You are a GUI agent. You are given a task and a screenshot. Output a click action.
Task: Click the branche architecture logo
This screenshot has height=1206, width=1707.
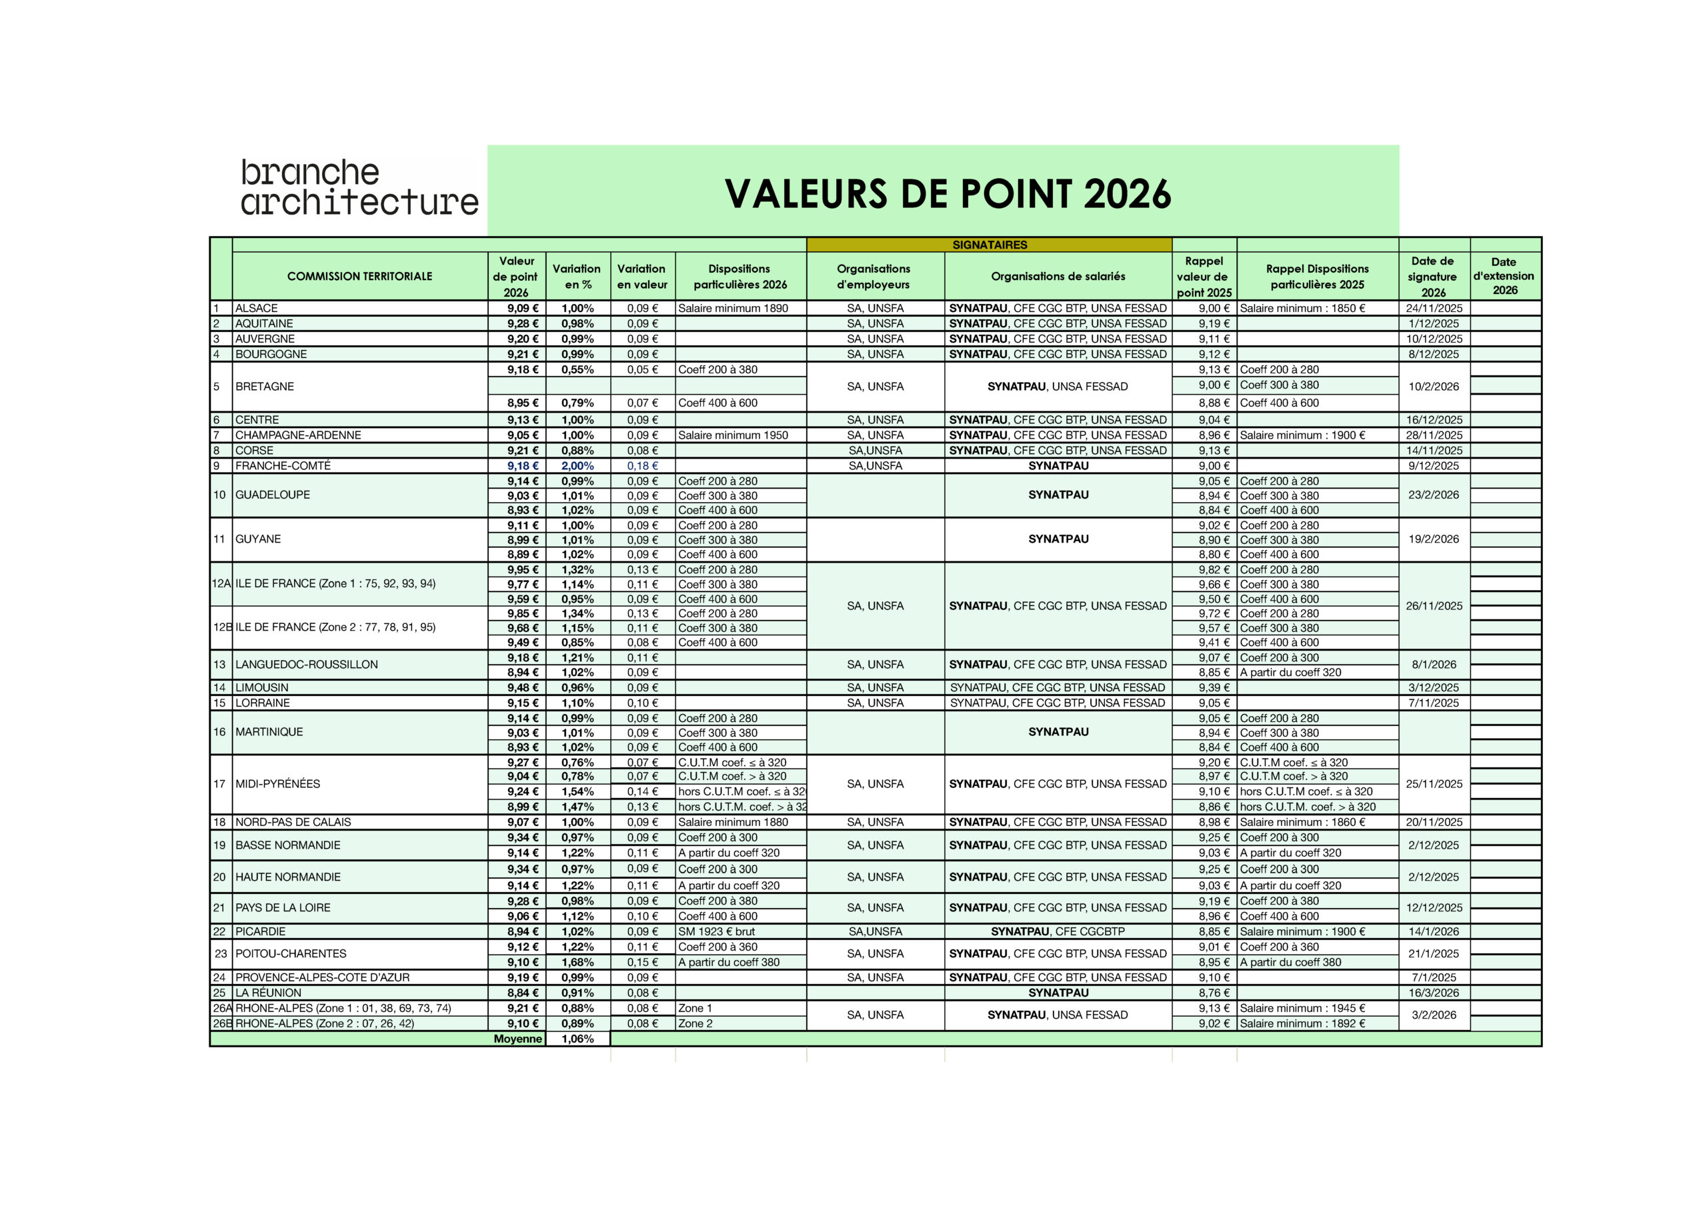[x=359, y=187]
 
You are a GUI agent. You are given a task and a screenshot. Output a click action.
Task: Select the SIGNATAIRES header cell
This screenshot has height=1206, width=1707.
[x=989, y=245]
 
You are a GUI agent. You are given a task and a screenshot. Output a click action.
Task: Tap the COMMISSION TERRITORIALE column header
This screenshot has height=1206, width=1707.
[x=359, y=276]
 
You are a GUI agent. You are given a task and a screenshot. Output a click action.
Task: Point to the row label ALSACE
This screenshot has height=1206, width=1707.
[x=257, y=308]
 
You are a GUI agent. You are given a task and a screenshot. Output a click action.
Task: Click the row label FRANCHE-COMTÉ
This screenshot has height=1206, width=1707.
[x=283, y=465]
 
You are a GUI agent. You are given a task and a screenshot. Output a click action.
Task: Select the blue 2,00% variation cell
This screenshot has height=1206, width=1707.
[x=577, y=465]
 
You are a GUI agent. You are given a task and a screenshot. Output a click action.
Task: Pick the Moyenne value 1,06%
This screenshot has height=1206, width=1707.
[x=577, y=1039]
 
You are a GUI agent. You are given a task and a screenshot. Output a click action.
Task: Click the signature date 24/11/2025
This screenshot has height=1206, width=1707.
[x=1434, y=308]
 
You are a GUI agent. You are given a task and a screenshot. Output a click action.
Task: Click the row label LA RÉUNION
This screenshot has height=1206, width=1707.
[x=269, y=993]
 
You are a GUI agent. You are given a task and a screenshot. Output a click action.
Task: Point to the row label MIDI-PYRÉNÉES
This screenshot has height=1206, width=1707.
[x=277, y=784]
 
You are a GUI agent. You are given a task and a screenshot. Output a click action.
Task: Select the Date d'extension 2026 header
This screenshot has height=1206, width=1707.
[x=1504, y=276]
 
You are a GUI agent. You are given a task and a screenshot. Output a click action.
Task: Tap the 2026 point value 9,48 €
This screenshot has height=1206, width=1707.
[x=523, y=688]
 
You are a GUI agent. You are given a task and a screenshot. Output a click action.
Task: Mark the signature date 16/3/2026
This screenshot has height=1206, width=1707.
[x=1434, y=993]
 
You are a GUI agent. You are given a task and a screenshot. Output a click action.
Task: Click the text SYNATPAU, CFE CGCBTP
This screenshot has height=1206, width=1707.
[x=1058, y=931]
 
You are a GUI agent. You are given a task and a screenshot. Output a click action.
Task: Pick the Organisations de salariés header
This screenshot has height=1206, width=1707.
[x=1058, y=276]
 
